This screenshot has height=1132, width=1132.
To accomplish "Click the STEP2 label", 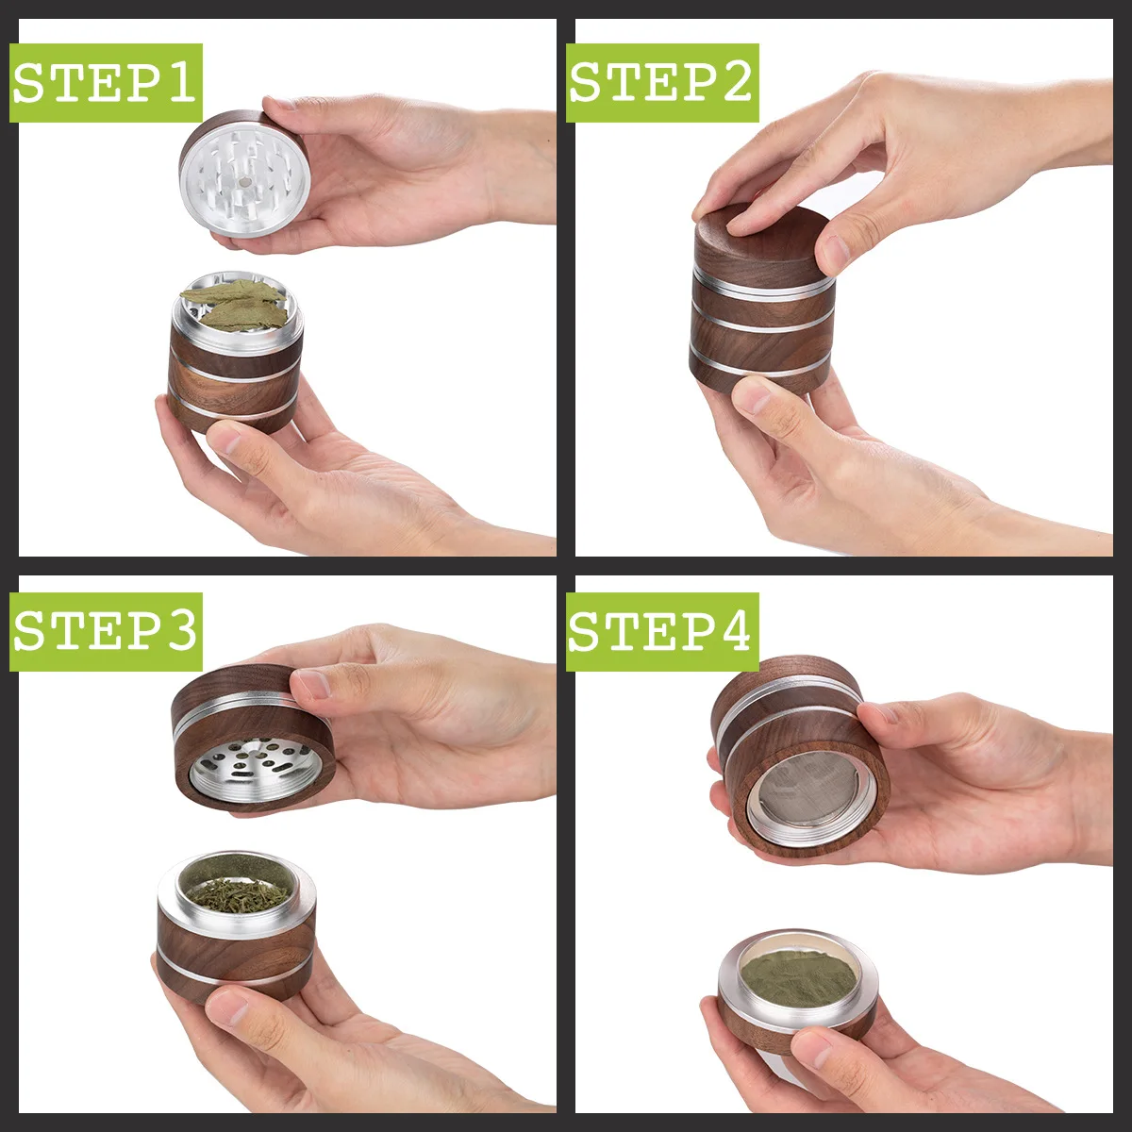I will coord(662,83).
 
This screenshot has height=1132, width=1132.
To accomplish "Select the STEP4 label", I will coord(662,631).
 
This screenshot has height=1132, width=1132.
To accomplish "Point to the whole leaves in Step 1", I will coord(236,304).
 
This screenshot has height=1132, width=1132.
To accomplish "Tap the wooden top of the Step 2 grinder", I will coord(755,236).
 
